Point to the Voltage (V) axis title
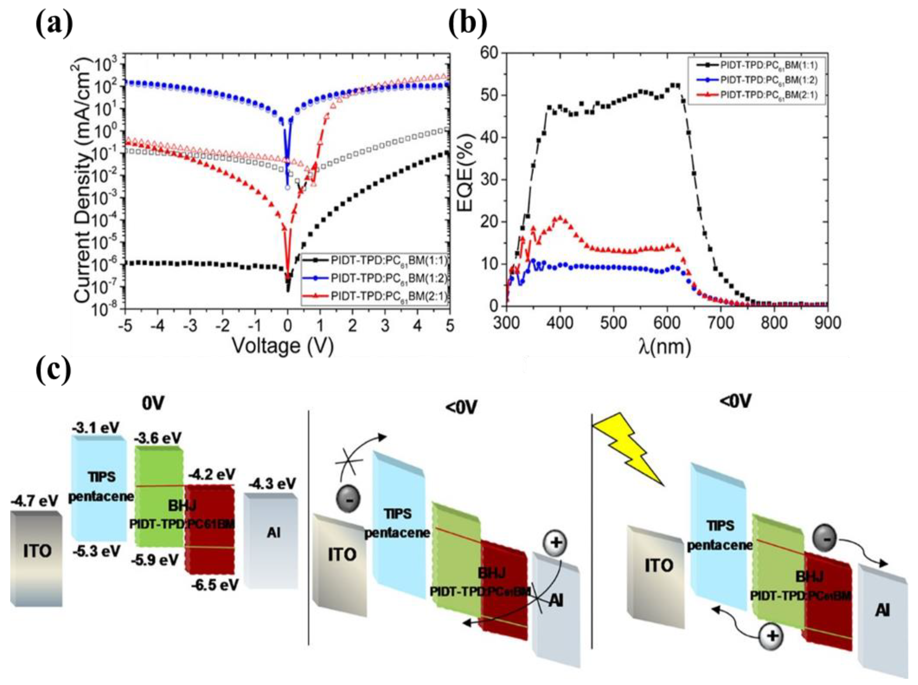coord(283,345)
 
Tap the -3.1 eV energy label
coord(96,427)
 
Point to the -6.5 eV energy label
coord(215,585)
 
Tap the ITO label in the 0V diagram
coord(37,551)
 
